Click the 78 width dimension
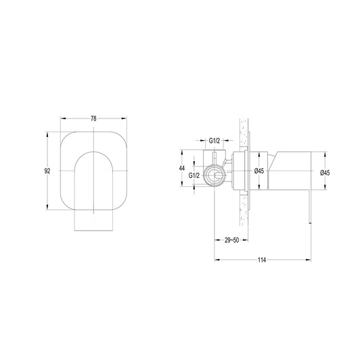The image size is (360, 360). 92,118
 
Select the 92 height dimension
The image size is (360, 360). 47,172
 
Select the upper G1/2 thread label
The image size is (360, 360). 215,141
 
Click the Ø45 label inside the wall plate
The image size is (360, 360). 258,172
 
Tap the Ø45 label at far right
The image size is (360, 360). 323,173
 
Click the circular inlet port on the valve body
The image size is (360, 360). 215,178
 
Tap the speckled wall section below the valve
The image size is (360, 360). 244,223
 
